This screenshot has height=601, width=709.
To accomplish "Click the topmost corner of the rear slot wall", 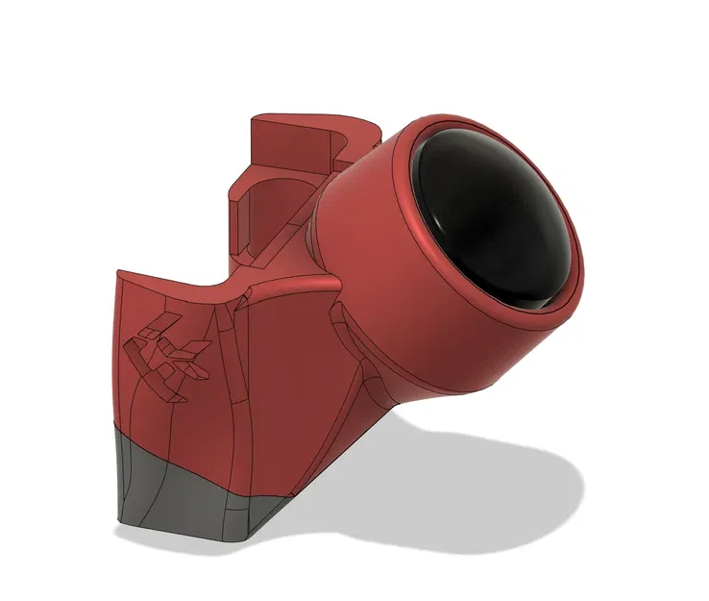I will coord(254,118).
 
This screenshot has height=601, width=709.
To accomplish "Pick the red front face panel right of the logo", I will coord(279,385).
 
